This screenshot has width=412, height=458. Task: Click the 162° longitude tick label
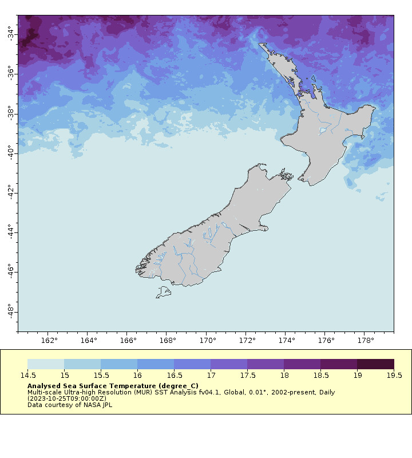49,341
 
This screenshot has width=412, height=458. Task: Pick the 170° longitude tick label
207,341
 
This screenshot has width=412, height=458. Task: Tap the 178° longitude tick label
365,341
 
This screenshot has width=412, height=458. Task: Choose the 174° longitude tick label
286,341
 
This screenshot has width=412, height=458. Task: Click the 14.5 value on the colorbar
27,376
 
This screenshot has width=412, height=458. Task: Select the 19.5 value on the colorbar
394,376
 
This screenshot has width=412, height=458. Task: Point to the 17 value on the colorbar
211,376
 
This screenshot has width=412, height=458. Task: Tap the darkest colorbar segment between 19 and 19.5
375,364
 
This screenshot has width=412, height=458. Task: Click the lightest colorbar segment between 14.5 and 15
46,364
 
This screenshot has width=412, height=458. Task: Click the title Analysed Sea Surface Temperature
113,386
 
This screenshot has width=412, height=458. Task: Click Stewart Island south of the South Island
164,293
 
